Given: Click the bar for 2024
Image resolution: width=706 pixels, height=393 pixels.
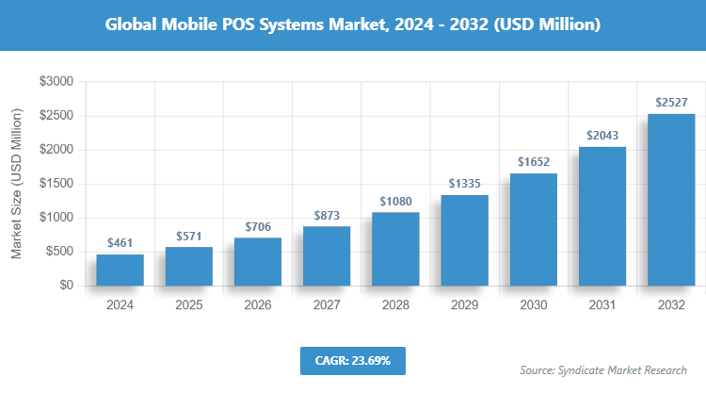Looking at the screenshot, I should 120,270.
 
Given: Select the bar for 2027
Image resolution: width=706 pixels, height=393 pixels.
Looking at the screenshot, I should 327,255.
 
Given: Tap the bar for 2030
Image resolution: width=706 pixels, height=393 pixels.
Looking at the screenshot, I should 533,229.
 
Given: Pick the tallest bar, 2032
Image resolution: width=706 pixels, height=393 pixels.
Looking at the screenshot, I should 671,200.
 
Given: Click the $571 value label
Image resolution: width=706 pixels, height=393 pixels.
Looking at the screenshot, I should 189,236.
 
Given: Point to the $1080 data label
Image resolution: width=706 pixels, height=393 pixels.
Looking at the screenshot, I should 395,201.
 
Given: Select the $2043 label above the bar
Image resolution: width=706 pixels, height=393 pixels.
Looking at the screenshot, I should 602,136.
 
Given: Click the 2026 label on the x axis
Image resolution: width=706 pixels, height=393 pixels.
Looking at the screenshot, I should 258,305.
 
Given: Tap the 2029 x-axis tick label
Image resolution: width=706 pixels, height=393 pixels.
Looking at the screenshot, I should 464,305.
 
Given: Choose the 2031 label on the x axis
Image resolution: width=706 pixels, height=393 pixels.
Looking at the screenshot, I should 602,305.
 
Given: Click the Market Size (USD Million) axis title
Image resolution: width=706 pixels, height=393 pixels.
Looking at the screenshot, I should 16,184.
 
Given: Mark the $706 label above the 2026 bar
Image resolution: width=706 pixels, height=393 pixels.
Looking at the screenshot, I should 258,226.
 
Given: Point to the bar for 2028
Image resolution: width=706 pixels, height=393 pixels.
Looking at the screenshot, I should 395,249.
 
